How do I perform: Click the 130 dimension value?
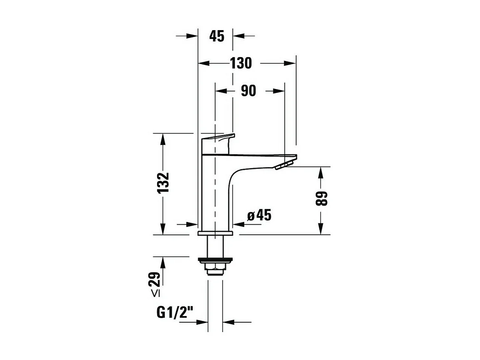(x=241, y=63)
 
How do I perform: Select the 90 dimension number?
(x=248, y=91)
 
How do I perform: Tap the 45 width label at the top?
(x=216, y=36)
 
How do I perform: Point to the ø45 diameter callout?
(x=259, y=215)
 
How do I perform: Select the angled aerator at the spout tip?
(x=283, y=165)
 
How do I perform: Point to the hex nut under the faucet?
(x=214, y=269)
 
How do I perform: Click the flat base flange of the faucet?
(x=215, y=233)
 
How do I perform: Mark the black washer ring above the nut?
(x=215, y=260)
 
